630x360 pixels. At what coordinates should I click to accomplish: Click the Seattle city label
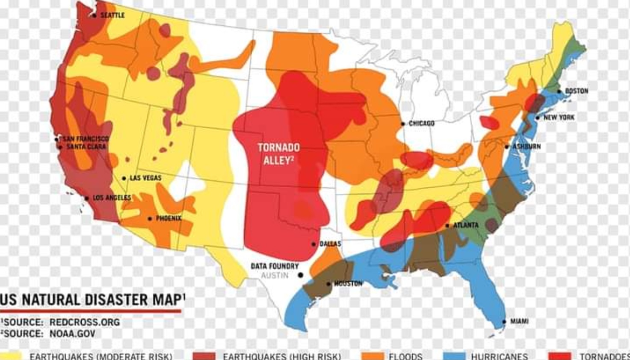pyautogui.click(x=112, y=15)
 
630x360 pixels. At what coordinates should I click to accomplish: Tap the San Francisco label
pyautogui.click(x=86, y=139)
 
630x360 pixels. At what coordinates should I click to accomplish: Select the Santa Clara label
pyautogui.click(x=86, y=147)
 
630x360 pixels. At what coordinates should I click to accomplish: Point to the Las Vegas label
pyautogui.click(x=145, y=178)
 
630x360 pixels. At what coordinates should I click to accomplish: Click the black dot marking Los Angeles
pyautogui.click(x=87, y=198)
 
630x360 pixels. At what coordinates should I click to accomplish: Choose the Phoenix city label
pyautogui.click(x=169, y=218)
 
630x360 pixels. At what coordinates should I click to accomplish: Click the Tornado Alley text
pyautogui.click(x=278, y=154)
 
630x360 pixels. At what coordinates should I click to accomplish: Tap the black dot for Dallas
pyautogui.click(x=314, y=244)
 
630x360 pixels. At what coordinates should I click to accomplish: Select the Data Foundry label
pyautogui.click(x=275, y=266)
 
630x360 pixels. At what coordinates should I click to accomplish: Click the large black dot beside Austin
pyautogui.click(x=301, y=275)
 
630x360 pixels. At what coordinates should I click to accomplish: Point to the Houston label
pyautogui.click(x=348, y=283)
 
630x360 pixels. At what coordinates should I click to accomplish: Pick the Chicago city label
pyautogui.click(x=421, y=124)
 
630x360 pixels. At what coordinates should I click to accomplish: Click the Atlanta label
pyautogui.click(x=466, y=225)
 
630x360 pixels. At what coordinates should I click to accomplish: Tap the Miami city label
pyautogui.click(x=519, y=321)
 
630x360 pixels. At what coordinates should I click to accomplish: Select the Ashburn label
pyautogui.click(x=526, y=146)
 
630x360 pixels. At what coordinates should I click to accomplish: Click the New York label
pyautogui.click(x=559, y=117)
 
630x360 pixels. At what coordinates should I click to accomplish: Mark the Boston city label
pyautogui.click(x=576, y=91)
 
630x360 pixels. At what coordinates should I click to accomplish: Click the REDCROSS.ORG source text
pyautogui.click(x=84, y=322)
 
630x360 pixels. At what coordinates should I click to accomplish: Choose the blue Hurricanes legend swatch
pyautogui.click(x=454, y=356)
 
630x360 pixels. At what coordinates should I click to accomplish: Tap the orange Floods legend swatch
pyautogui.click(x=372, y=356)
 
